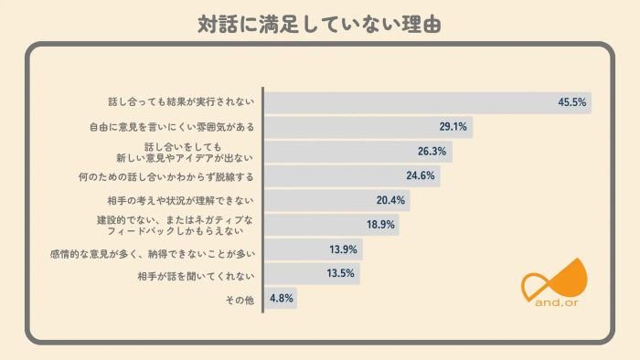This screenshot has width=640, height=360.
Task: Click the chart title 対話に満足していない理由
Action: [x=320, y=23]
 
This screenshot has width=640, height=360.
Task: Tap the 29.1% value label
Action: [x=453, y=127]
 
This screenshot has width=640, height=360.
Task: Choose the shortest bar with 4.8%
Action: [x=281, y=299]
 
